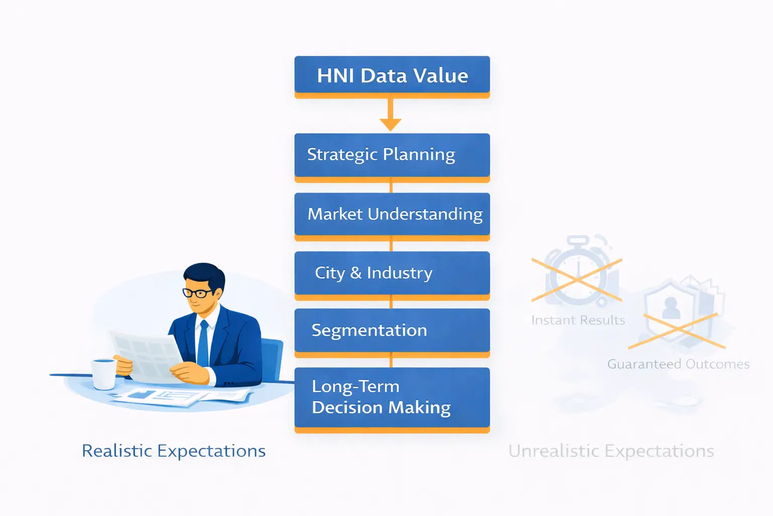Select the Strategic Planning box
click(392, 155)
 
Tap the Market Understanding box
click(392, 214)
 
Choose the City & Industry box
click(392, 273)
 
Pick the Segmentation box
click(392, 331)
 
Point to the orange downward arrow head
click(391, 124)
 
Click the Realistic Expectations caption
click(174, 451)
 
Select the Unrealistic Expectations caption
click(611, 451)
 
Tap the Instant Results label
click(578, 320)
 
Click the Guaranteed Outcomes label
click(678, 364)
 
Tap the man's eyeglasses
click(197, 293)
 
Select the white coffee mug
click(104, 373)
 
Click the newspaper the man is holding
click(146, 353)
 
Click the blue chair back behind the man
click(272, 358)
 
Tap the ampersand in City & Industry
click(356, 273)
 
